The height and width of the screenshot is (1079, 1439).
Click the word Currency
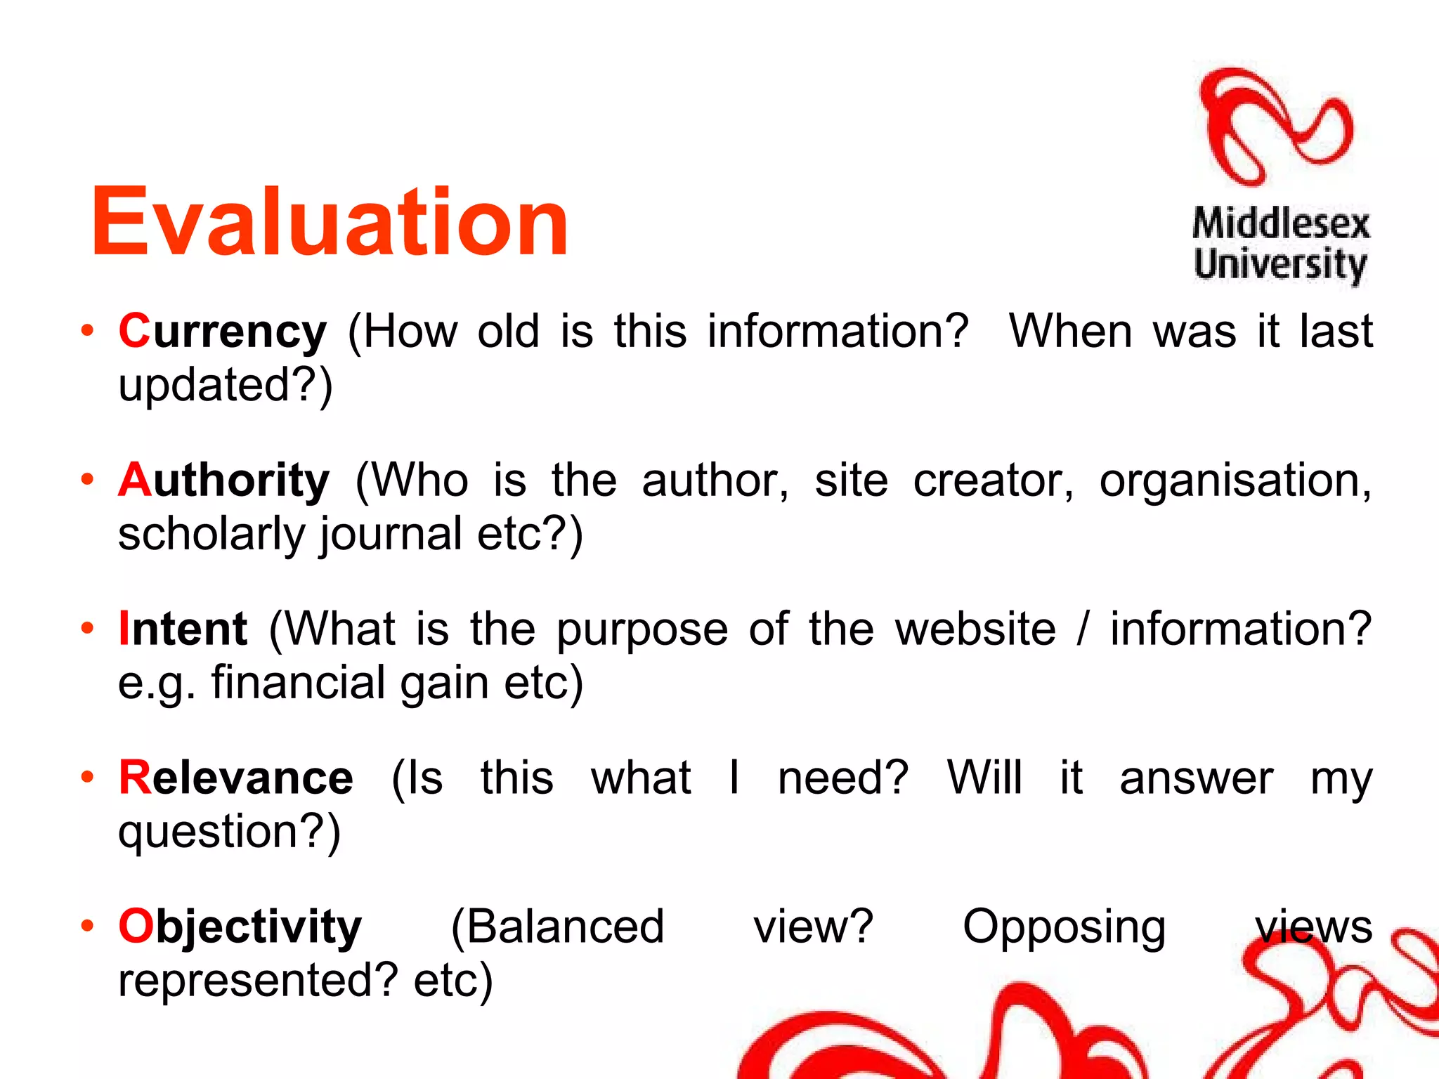tap(222, 332)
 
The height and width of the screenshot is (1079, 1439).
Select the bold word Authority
tap(223, 480)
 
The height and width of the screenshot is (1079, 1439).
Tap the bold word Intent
tap(183, 629)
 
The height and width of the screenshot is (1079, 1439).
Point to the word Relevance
tap(235, 778)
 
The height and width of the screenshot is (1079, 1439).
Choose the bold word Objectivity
tap(240, 927)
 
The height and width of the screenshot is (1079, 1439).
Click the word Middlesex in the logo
tap(1281, 224)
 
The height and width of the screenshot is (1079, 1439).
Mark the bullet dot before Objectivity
tap(87, 925)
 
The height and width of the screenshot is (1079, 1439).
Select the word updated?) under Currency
tap(225, 386)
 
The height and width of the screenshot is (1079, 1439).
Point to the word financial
tap(298, 683)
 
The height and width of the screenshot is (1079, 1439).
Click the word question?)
tap(229, 832)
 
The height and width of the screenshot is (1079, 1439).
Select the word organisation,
tap(1235, 482)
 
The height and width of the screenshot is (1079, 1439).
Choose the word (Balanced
tap(557, 927)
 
